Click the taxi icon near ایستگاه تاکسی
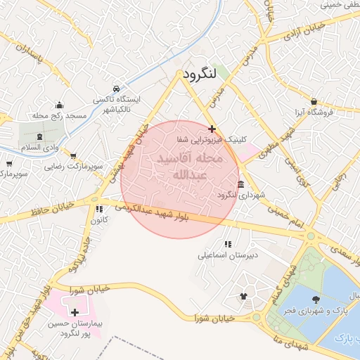click(x=115, y=89)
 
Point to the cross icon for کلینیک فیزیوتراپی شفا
click(x=212, y=129)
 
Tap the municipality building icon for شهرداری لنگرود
click(x=241, y=184)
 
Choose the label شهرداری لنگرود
click(x=240, y=195)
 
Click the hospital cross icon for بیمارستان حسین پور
click(x=75, y=311)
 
